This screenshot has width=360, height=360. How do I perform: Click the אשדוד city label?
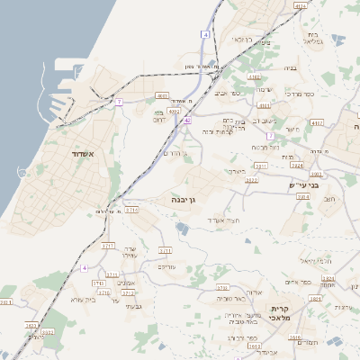pos(64,155)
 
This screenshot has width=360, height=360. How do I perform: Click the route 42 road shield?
pos(187,120)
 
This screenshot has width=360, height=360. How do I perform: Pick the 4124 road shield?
pos(300,6)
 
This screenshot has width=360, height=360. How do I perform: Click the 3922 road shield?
pos(251,180)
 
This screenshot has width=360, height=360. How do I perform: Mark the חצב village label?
pos(328,200)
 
